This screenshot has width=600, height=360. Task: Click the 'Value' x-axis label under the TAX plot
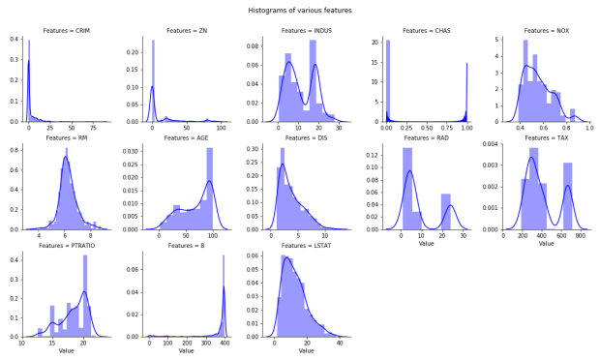[547, 244]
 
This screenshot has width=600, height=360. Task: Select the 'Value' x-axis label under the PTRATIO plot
[66, 351]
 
